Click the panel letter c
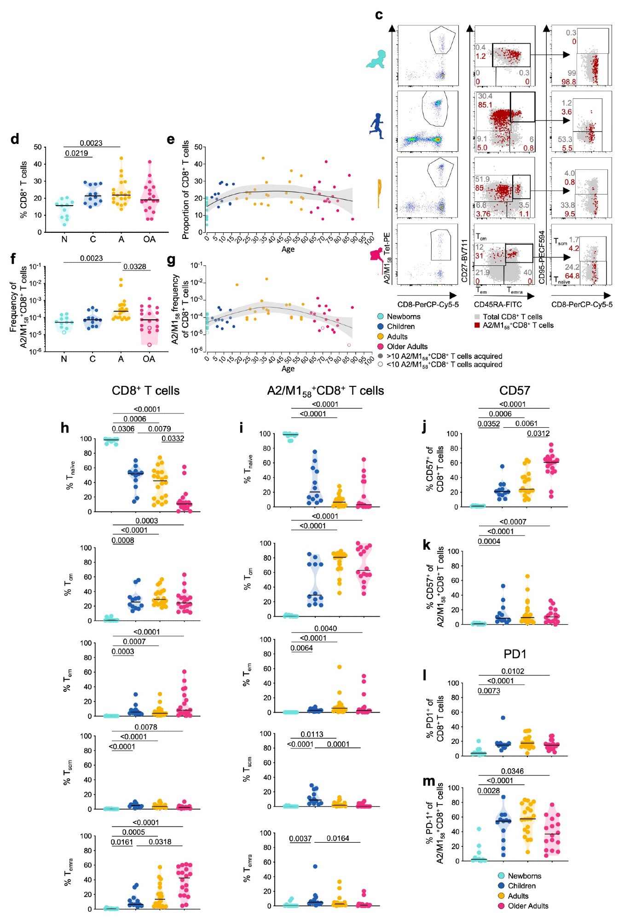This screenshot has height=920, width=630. coord(379,15)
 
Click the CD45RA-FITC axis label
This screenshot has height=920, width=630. coord(498,305)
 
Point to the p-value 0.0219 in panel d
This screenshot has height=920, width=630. coord(76,153)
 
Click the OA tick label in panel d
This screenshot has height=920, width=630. coord(149,239)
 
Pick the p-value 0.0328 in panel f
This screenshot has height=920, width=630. coord(135,266)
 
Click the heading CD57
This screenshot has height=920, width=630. coord(514,391)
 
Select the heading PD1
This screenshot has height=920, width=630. coord(515,654)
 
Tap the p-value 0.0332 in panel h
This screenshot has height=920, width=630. coord(173,438)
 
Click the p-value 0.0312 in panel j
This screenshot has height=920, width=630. coord(538,433)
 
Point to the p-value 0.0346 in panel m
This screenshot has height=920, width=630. coord(512,771)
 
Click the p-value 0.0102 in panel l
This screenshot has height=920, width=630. coord(513,671)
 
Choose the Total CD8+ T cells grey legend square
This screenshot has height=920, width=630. coord(477,317)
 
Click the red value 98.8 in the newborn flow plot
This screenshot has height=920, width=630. coord(568,82)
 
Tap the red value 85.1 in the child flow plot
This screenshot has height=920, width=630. coord(485,105)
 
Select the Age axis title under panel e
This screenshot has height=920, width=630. coord(288,249)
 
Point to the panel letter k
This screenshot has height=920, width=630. coord(427,545)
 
